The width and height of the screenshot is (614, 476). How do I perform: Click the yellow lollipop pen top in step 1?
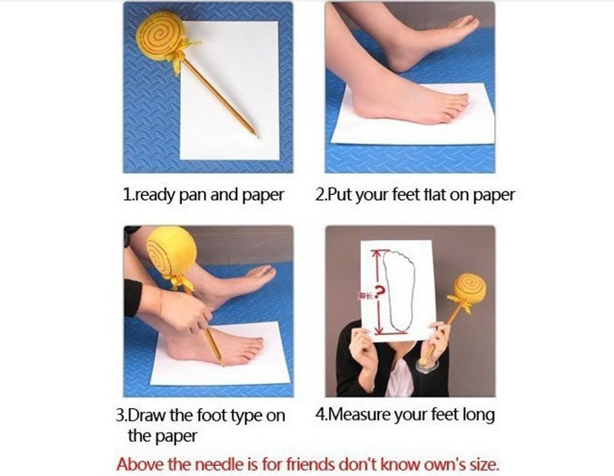tap(160, 35)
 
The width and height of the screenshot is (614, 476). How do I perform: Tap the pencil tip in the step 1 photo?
tap(258, 137)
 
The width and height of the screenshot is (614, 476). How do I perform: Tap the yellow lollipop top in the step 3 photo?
tap(171, 252)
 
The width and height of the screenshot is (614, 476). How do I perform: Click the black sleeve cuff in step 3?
tap(133, 297)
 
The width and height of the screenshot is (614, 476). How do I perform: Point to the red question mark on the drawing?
tap(380, 292)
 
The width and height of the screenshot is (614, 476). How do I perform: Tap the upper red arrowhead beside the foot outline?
tap(377, 254)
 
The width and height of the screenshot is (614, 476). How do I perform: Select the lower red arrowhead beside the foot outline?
tap(378, 331)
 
